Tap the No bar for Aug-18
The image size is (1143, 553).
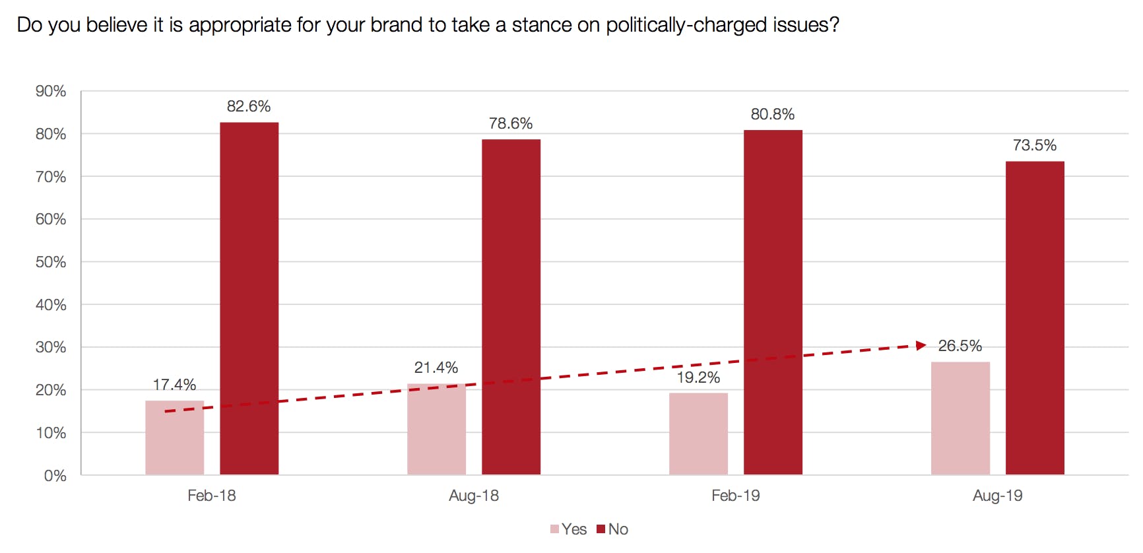(x=511, y=307)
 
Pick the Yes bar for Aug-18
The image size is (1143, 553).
(x=436, y=429)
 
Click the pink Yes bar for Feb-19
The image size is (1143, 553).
(x=698, y=434)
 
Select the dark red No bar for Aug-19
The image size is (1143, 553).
(x=1035, y=317)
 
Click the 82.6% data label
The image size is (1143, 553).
(x=249, y=106)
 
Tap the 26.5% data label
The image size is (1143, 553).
(x=960, y=346)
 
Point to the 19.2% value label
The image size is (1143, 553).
(x=698, y=377)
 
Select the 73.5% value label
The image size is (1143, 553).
(x=1035, y=145)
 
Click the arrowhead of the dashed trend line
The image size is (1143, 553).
(x=921, y=345)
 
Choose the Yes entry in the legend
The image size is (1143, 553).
(x=569, y=529)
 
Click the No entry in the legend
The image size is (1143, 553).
(x=612, y=529)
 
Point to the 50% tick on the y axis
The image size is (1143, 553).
(x=51, y=262)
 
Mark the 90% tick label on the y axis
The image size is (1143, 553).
(x=51, y=91)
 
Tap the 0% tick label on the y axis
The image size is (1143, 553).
(x=55, y=476)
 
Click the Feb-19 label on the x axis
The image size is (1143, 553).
(x=735, y=496)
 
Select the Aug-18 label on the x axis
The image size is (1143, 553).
(x=474, y=496)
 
